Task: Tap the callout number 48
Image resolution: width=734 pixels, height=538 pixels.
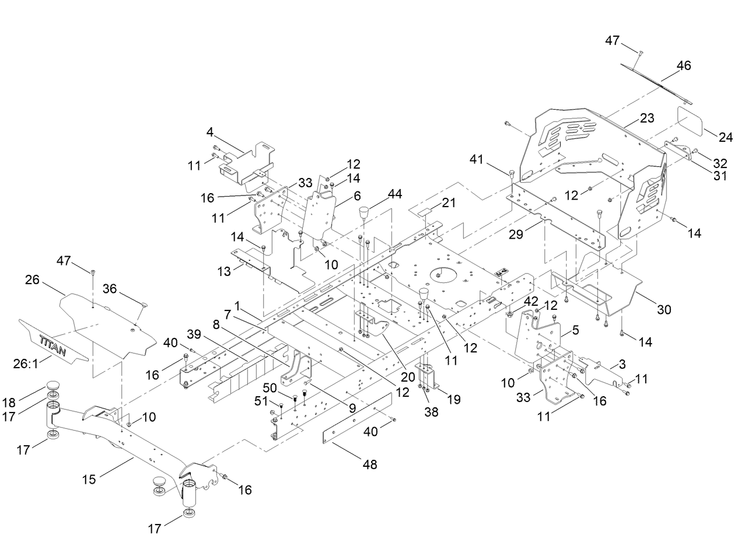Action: coord(369,464)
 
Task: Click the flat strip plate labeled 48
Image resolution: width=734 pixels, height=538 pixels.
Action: coord(357,418)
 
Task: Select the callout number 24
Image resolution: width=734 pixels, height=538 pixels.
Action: coord(725,138)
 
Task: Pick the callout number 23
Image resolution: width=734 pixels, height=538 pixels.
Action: coord(646,118)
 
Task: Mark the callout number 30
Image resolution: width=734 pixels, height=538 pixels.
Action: coord(664,309)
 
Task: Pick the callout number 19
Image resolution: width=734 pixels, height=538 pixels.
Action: coord(453,399)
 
